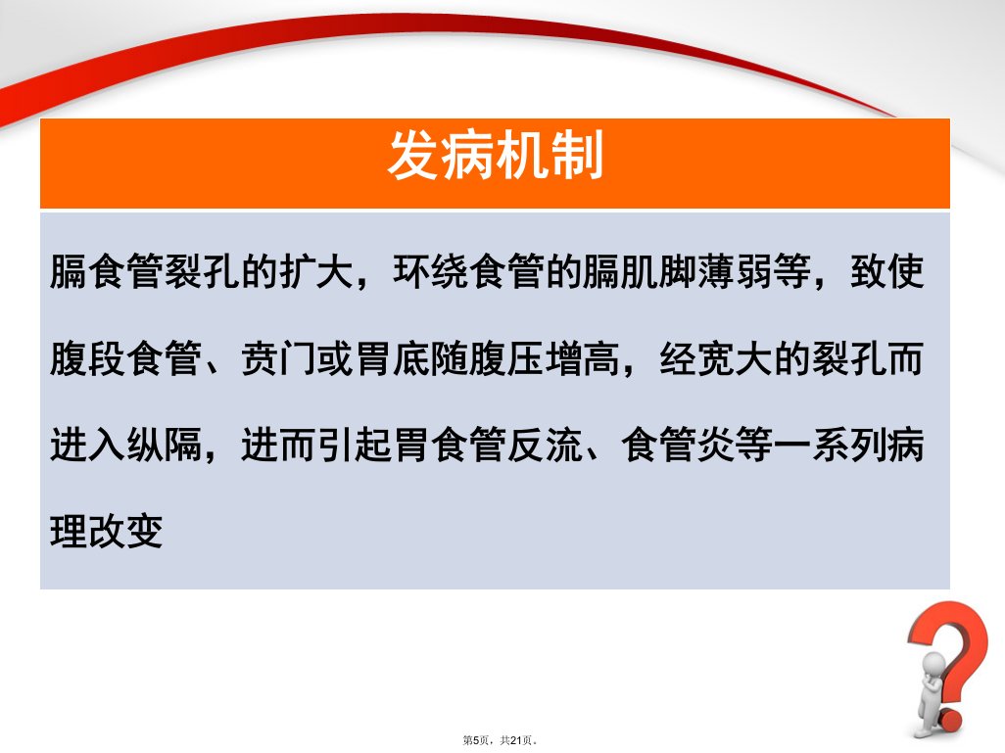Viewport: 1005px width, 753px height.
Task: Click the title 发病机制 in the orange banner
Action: [x=495, y=155]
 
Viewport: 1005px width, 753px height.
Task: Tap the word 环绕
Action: [x=432, y=271]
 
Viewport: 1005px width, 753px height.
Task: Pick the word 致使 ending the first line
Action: [x=887, y=271]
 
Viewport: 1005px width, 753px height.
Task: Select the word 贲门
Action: [x=279, y=358]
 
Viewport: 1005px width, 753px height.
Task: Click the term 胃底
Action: [x=393, y=358]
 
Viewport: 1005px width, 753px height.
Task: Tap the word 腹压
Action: [x=507, y=358]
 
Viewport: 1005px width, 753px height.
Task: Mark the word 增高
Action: [x=583, y=358]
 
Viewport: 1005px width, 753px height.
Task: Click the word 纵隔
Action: [x=165, y=445]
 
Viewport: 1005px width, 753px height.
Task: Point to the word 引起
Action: [x=356, y=445]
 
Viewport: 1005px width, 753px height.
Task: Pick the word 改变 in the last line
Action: [x=125, y=532]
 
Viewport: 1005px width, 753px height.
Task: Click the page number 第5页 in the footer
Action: [x=476, y=740]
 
